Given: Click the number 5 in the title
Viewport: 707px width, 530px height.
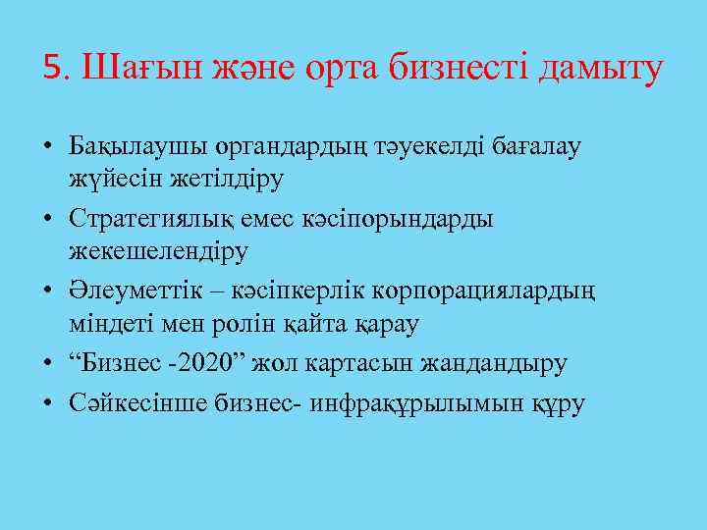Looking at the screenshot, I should pos(52,70).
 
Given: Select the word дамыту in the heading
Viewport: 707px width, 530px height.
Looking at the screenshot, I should pos(597,70).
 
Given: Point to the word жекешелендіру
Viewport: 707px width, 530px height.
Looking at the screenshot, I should pos(158,250).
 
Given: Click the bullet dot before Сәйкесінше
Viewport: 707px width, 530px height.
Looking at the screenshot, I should pos(47,402).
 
